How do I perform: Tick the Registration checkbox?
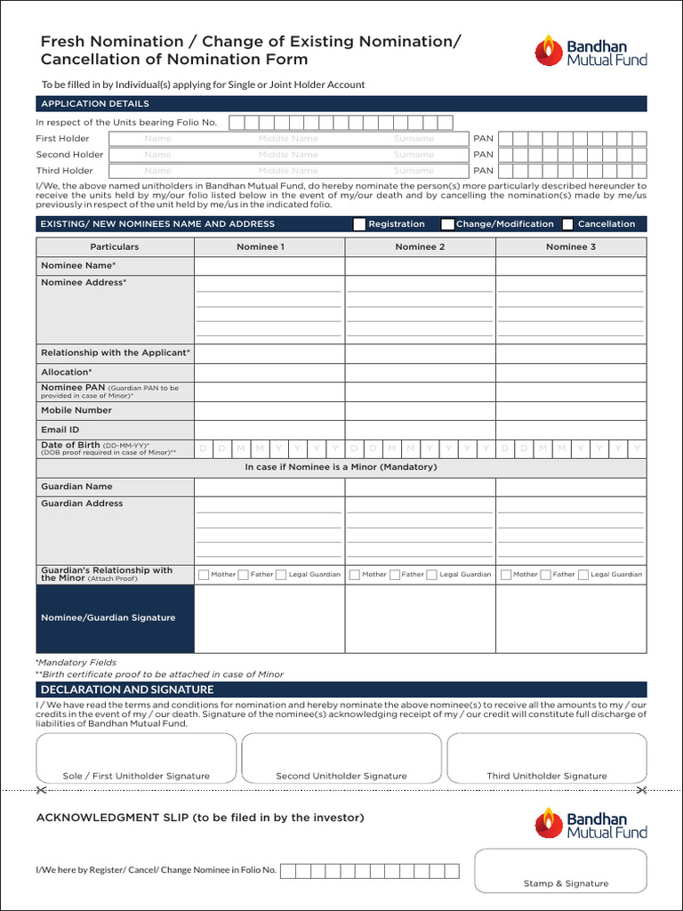359,224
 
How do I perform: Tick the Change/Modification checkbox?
448,224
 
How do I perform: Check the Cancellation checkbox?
567,224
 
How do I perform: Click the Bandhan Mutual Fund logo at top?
591,50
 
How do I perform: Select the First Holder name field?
289,139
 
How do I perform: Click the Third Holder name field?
289,171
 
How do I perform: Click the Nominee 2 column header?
420,246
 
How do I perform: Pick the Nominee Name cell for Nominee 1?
269,266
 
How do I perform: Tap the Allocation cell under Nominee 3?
571,372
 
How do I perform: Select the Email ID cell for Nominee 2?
420,430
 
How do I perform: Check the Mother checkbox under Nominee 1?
204,575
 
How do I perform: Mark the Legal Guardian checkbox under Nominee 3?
583,575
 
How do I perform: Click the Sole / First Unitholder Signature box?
136,758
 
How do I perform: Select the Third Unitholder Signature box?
546,758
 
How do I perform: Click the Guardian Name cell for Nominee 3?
571,487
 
